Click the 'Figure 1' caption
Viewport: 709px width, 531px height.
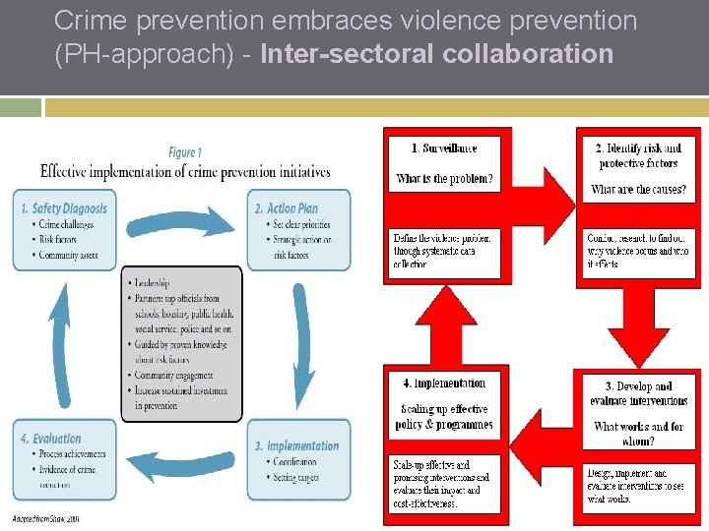pos(185,152)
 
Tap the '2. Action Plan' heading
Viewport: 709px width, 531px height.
pos(292,208)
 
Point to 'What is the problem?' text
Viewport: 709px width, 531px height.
pos(444,179)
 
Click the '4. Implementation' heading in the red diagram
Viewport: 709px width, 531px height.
pos(444,383)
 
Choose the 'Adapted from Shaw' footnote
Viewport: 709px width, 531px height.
pos(46,517)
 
